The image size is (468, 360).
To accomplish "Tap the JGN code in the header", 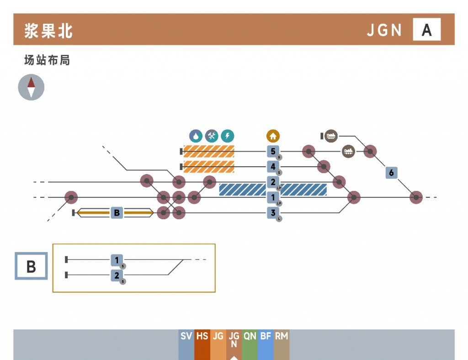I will (x=384, y=30).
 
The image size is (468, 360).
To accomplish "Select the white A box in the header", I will (x=426, y=30).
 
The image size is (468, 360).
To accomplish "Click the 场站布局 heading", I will (x=47, y=60).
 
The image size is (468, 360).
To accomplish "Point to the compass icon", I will (x=31, y=87).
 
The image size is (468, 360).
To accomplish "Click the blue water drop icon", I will (x=196, y=136).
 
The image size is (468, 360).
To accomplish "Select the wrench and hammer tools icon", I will (x=212, y=136).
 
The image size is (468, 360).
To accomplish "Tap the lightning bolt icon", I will (x=227, y=136).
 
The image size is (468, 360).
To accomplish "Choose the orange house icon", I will (x=273, y=136).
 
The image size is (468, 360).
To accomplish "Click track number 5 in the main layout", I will (x=273, y=151).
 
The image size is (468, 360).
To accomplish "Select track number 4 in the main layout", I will (x=273, y=167).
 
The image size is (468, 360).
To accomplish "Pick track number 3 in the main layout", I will (x=273, y=213).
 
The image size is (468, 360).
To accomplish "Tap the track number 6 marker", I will (x=391, y=173).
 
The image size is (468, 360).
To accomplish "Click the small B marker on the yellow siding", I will (x=117, y=213).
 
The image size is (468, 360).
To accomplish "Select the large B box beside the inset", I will (x=31, y=266).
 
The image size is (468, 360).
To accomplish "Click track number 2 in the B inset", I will (x=117, y=275).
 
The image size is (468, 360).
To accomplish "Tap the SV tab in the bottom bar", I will (x=186, y=337).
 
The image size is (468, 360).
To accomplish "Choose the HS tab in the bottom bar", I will (x=202, y=337).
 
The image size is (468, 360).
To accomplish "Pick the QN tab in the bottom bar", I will (x=250, y=337).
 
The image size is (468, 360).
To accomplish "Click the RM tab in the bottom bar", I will (x=282, y=337).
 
